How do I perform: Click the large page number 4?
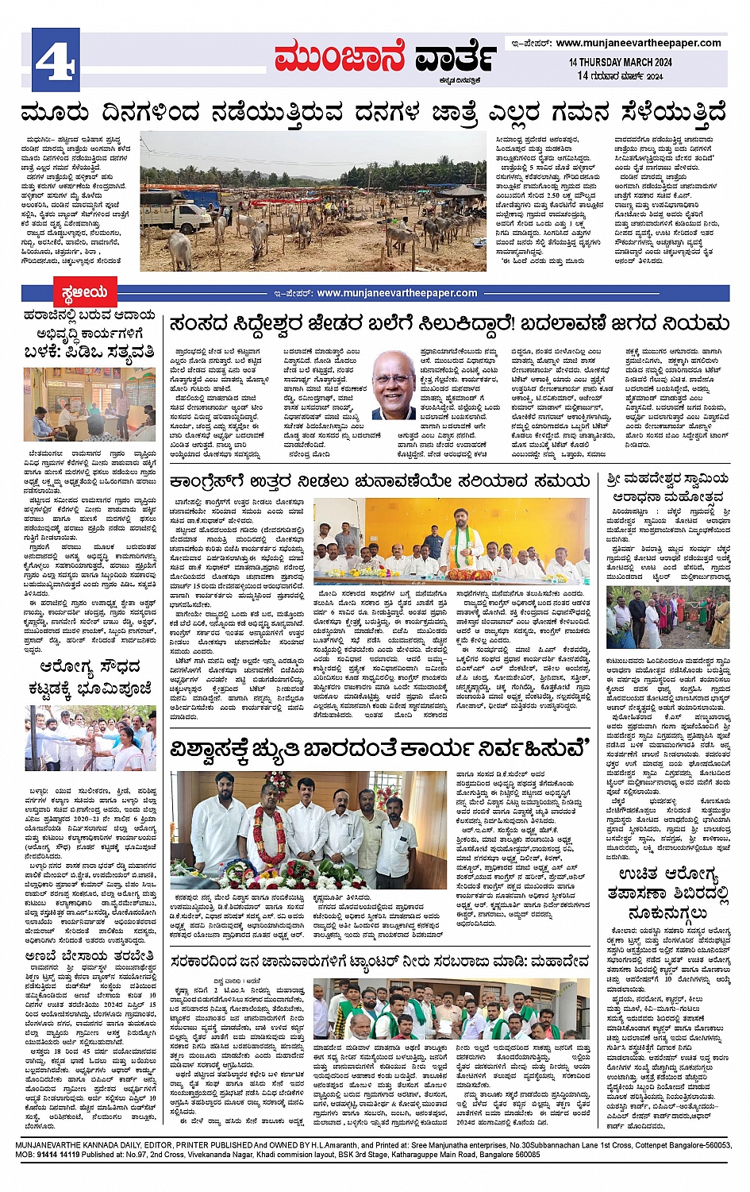56,60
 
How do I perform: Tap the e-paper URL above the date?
638,43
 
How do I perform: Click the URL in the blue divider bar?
397,293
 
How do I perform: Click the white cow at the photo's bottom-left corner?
159,254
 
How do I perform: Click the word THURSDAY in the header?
602,62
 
